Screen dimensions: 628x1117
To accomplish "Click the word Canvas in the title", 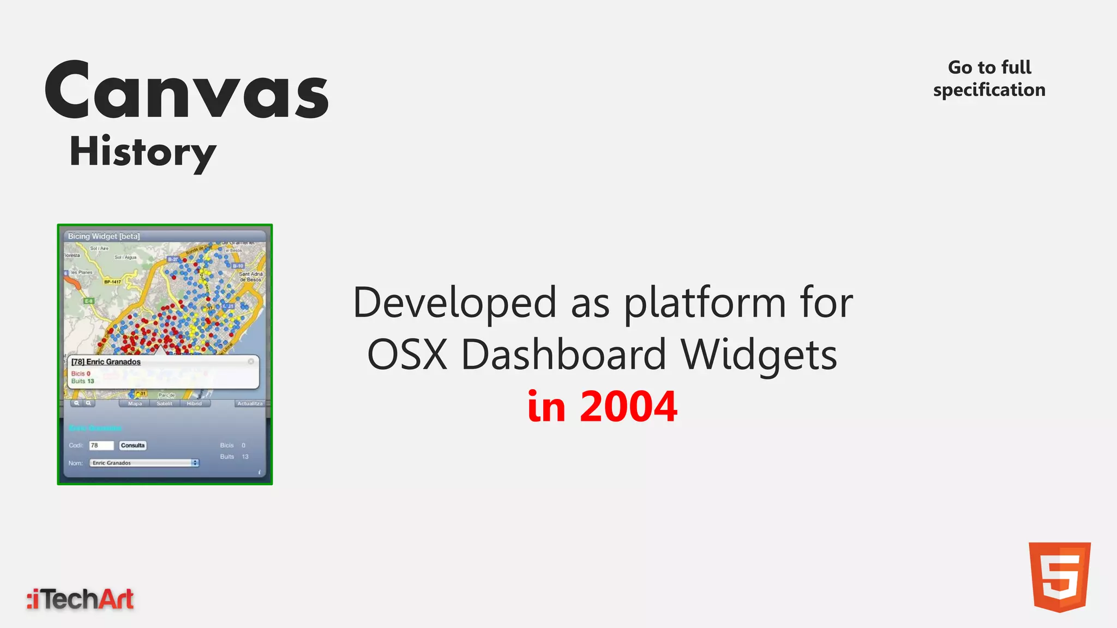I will coord(187,90).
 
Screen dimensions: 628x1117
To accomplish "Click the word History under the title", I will coord(143,152).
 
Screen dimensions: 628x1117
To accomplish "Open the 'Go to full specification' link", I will coord(989,78).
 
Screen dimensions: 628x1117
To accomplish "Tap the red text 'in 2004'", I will coord(602,407).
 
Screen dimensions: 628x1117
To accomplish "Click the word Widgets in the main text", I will coord(759,355).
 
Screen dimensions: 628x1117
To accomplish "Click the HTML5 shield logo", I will coord(1059,577).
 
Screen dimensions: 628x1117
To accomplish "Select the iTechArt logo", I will coord(80,599).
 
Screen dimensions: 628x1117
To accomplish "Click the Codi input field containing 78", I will coord(101,445).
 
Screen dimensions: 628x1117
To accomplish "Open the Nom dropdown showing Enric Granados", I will coord(145,463).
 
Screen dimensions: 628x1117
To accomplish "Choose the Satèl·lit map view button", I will coord(164,403).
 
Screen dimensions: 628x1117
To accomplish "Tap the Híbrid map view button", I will coord(194,403).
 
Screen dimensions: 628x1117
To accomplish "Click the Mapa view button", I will coord(135,403).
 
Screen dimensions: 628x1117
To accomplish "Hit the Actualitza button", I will coord(250,403).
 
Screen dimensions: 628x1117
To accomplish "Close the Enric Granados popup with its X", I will coord(251,361).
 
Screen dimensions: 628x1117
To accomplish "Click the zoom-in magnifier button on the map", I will coord(88,403).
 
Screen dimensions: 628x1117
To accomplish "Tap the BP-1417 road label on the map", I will coord(112,282).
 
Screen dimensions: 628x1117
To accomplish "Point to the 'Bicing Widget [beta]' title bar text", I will coord(104,236).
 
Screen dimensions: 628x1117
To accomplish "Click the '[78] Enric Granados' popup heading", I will coord(106,362).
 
